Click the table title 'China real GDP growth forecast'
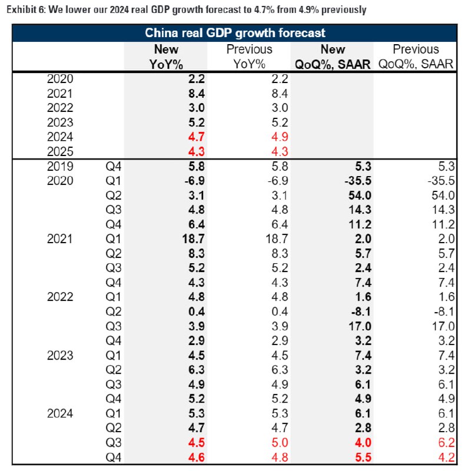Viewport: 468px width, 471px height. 235,33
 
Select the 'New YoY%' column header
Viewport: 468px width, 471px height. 165,57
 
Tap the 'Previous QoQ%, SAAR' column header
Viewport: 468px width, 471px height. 416,57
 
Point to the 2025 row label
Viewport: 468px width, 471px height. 59,151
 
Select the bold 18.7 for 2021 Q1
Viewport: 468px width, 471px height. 165,238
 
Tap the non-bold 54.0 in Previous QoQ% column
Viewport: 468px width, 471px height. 444,195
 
